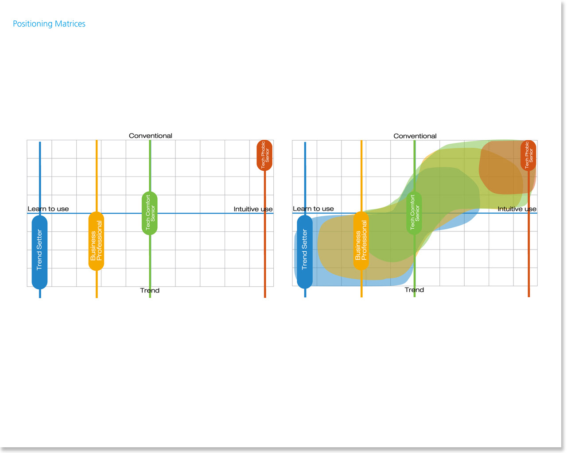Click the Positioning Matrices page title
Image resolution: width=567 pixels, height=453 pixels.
49,24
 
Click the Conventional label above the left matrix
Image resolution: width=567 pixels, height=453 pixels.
151,136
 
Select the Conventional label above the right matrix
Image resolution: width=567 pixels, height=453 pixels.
415,136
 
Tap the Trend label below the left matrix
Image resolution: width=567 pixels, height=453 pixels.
150,291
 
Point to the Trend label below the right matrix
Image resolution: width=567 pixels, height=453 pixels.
414,290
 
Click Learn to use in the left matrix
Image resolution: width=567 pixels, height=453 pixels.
48,209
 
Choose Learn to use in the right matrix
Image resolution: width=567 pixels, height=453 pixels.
313,209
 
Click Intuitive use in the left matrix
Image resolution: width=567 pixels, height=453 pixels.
253,209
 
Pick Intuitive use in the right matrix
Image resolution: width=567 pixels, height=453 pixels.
517,209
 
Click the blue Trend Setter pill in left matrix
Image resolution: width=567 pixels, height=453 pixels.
39,251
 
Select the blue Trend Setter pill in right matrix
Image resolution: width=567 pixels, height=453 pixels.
305,251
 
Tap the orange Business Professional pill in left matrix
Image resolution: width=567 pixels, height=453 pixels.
96,241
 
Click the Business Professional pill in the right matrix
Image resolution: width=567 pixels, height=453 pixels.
361,241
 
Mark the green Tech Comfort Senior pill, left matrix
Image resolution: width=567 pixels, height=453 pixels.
150,213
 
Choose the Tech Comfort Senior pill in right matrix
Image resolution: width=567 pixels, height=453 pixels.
414,213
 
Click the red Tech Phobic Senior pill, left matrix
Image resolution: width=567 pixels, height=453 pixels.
264,155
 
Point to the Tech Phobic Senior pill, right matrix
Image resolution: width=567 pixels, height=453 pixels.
528,155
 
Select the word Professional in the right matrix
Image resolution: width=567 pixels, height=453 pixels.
364,240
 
